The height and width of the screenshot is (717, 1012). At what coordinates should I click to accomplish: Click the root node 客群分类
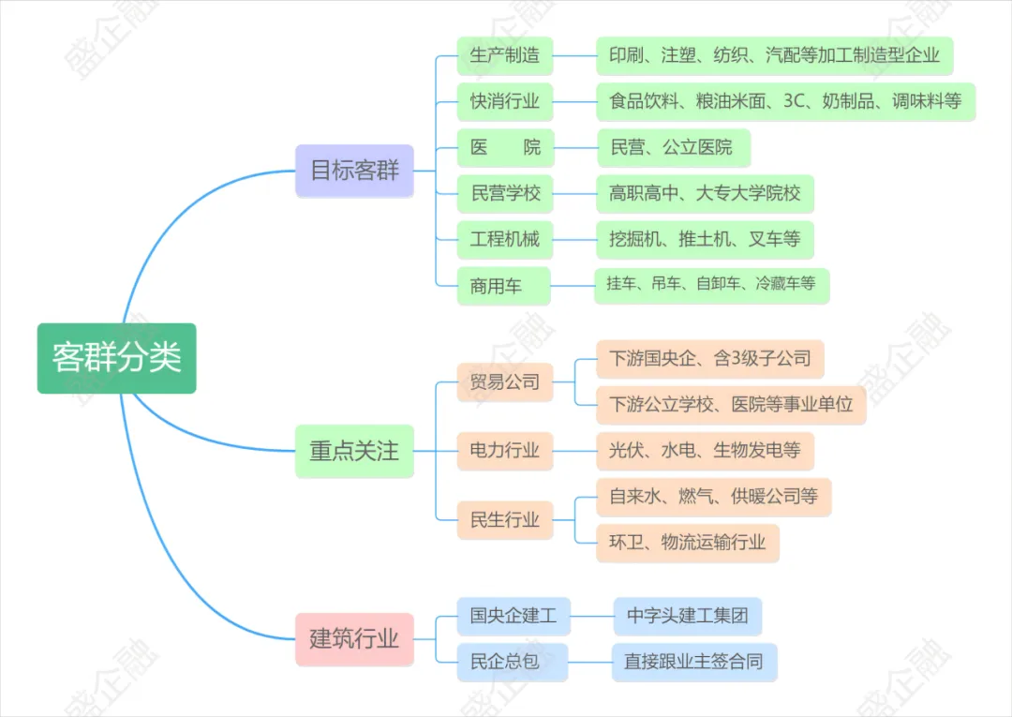pos(117,358)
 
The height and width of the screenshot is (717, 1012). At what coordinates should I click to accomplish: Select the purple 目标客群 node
pos(354,171)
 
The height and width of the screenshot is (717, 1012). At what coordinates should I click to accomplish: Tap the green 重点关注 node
pos(354,451)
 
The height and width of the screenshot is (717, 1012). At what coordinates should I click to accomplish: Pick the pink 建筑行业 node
pos(354,639)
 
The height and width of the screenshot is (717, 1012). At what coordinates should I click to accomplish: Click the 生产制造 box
pos(505,55)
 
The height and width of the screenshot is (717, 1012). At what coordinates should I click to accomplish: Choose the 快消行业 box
pos(505,101)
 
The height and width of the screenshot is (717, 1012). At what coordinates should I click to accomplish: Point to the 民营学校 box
pos(505,194)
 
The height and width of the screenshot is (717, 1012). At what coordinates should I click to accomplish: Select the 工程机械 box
pos(505,240)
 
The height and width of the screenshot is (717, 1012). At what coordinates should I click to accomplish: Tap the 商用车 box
pos(496,286)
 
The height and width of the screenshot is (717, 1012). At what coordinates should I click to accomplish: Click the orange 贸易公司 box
pos(505,382)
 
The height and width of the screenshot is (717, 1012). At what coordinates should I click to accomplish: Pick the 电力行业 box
pos(505,451)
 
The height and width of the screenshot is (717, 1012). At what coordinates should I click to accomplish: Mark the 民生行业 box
pos(505,519)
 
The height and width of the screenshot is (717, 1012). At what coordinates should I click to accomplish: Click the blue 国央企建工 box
pos(513,616)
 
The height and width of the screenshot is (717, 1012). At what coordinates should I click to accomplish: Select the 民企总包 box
pos(505,662)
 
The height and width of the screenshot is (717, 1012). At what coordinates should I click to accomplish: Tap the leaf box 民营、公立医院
pos(672,147)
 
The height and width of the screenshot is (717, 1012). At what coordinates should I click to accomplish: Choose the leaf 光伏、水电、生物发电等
pos(706,451)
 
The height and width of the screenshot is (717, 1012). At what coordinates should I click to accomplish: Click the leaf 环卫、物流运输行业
pos(688,542)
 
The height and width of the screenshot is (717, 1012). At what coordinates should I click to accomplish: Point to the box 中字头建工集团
pos(688,616)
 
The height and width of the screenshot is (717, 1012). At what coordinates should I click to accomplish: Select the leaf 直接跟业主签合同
pos(693,662)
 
